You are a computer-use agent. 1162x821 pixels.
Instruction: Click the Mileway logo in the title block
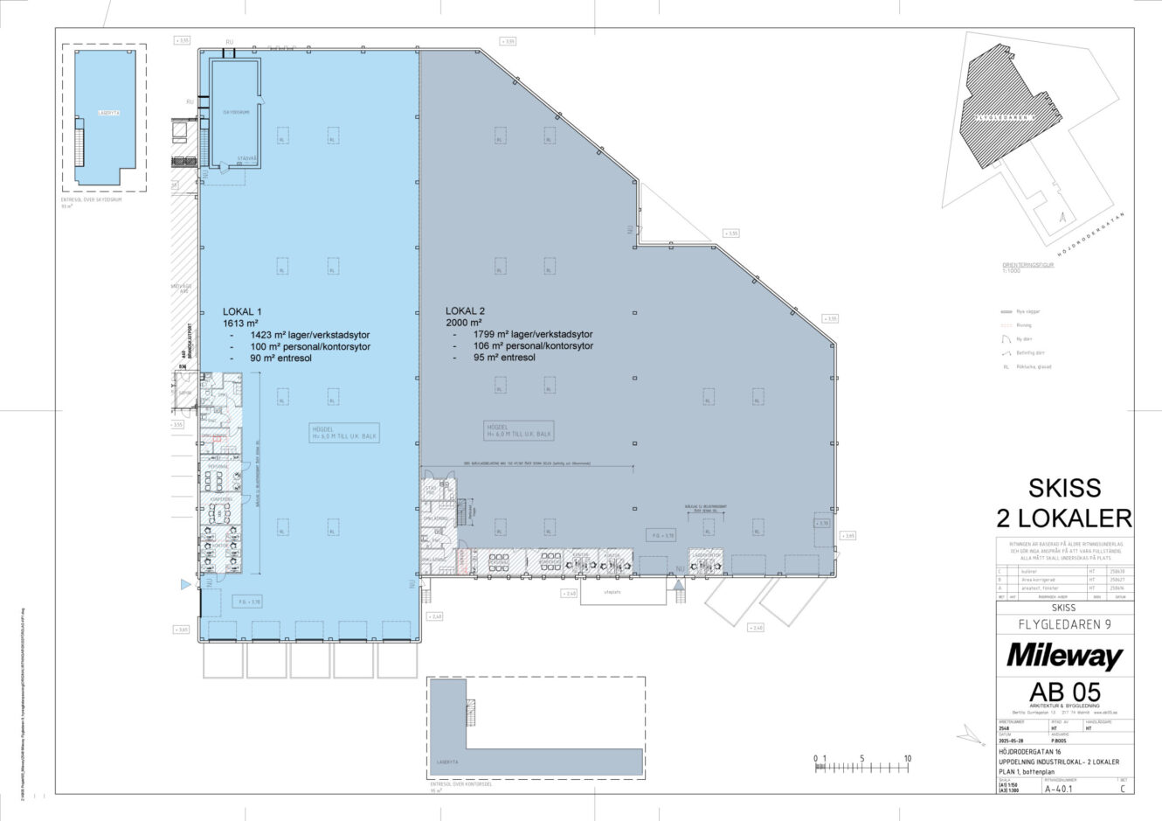(x=1064, y=655)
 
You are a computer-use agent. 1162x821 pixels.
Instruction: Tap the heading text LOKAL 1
(x=243, y=311)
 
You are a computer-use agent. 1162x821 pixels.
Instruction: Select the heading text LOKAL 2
(x=465, y=311)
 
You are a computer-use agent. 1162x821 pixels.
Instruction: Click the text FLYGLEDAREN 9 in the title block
(x=1064, y=624)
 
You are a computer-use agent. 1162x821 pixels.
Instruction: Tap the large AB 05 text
(x=1063, y=689)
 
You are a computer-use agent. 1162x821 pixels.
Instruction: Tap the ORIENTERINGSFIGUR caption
(x=1027, y=264)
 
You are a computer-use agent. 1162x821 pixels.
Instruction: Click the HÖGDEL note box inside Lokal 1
(x=345, y=432)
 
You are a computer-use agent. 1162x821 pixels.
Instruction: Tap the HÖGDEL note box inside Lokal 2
(x=519, y=430)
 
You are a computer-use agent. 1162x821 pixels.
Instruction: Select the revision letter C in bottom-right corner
(x=1122, y=788)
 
